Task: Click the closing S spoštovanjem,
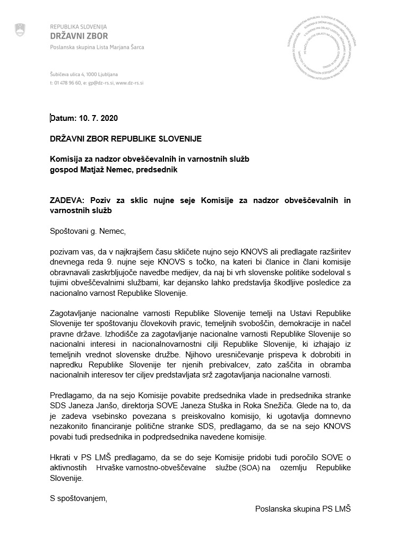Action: (x=78, y=497)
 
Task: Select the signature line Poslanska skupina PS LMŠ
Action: (x=303, y=508)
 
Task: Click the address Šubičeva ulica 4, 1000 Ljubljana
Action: (x=84, y=75)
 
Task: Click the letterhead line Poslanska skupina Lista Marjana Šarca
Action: (x=97, y=47)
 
